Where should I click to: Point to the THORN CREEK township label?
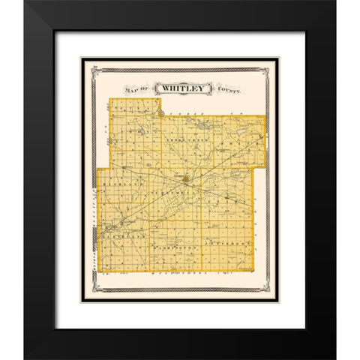tap(183, 141)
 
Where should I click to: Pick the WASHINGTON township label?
tap(174, 246)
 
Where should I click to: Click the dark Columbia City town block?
tap(184, 178)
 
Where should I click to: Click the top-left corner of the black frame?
tap(25, 1)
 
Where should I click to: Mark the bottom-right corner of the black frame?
tap(335, 358)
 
